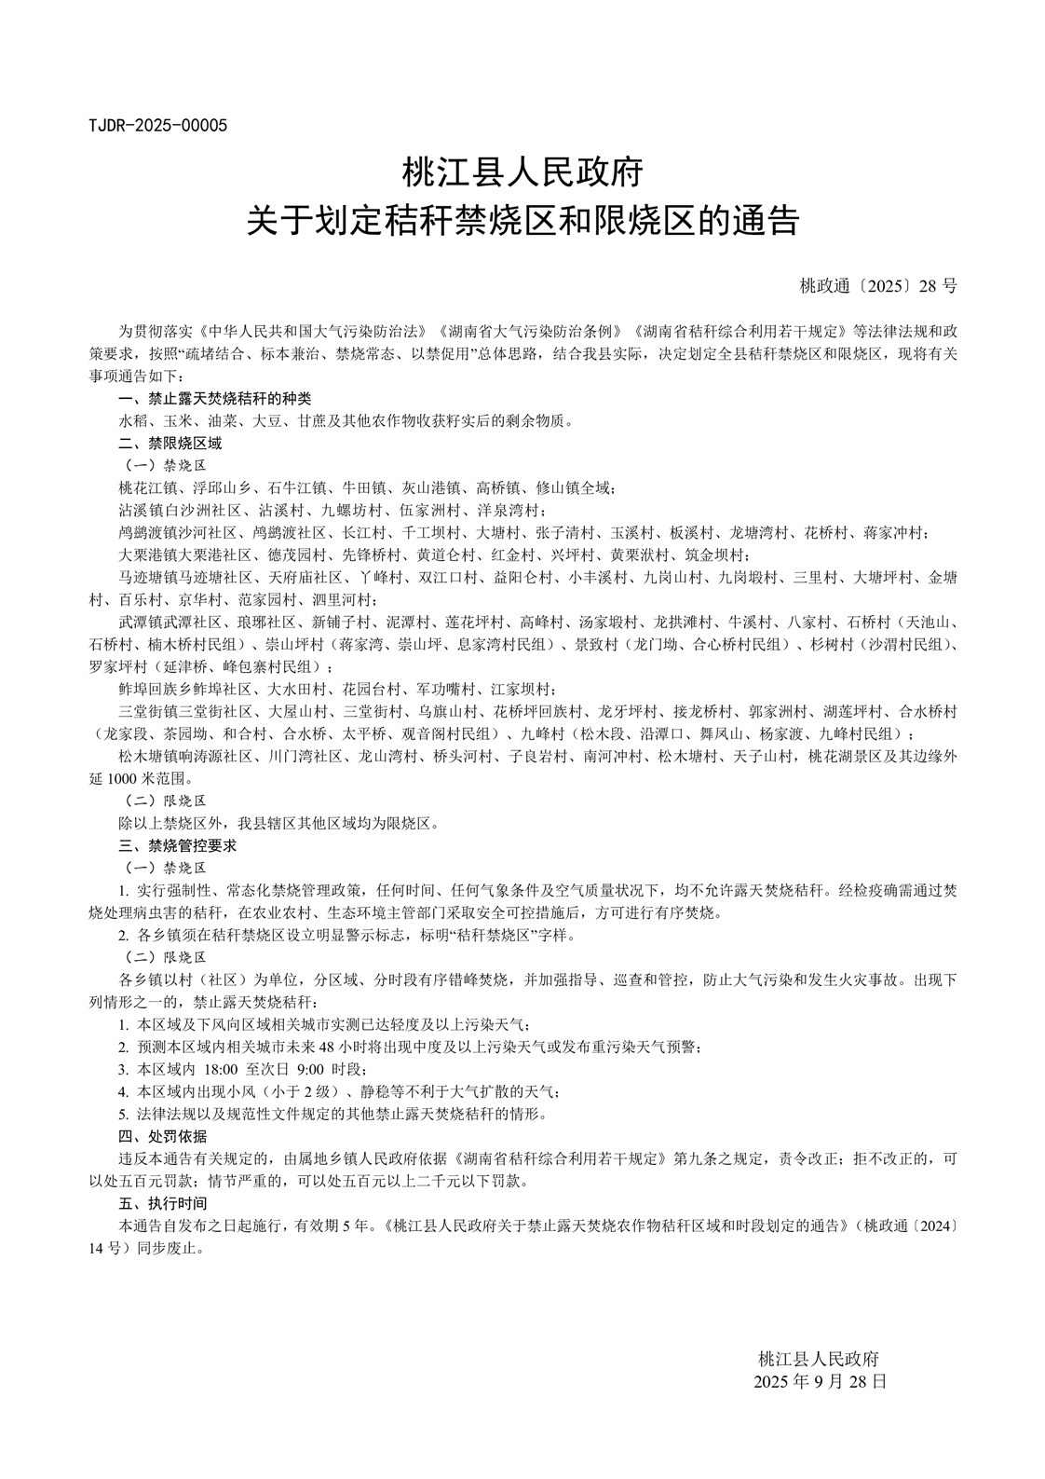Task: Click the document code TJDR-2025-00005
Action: pos(157,125)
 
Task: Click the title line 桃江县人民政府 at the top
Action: pos(522,172)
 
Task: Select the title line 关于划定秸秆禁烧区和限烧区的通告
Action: pos(522,221)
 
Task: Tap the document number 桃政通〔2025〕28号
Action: pos(878,286)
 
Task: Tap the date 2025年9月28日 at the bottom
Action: pos(820,1381)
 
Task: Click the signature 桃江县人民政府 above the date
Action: pos(819,1359)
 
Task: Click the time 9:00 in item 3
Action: pos(311,1069)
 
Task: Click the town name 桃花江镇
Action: pos(147,487)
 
